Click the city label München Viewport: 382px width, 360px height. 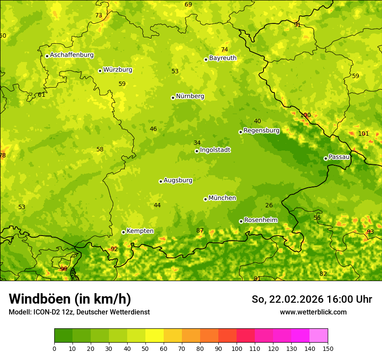[x=222, y=198]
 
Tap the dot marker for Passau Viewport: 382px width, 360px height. [x=326, y=158]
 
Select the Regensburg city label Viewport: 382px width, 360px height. [x=261, y=131]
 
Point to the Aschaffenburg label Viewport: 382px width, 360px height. [x=72, y=55]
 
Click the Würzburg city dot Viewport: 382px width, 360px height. [x=100, y=71]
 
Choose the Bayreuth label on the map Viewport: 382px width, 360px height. [x=223, y=58]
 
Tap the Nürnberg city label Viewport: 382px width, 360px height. [x=190, y=96]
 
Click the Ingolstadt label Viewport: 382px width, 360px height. [x=215, y=150]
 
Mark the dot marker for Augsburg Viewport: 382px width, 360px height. [x=161, y=181]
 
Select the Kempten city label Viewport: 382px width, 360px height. [x=140, y=231]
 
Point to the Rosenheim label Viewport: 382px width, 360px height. [x=260, y=220]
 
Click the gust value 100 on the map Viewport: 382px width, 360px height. [x=306, y=115]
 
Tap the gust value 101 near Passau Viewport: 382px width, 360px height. [x=363, y=134]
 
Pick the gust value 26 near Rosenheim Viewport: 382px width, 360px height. [x=269, y=205]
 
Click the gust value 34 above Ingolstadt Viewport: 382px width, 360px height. [x=197, y=143]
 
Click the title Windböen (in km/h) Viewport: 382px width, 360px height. [x=70, y=299]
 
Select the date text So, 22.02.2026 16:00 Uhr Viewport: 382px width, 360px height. [x=312, y=299]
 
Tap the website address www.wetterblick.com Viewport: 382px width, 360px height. [x=313, y=312]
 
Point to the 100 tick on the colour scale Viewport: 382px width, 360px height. [x=237, y=349]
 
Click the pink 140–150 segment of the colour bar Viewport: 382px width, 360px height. [x=319, y=335]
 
